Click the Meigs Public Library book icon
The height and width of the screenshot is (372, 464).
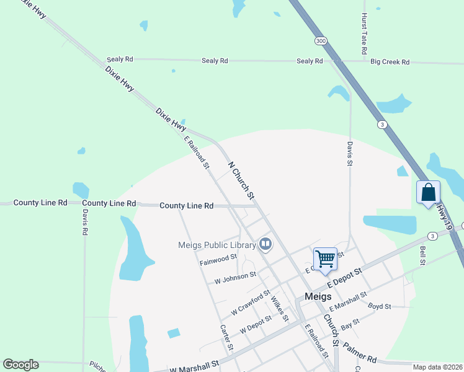265,244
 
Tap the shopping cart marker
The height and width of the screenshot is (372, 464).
325,258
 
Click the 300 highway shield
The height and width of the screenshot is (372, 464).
320,40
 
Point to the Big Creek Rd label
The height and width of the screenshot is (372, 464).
390,62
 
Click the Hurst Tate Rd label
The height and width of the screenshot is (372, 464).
365,32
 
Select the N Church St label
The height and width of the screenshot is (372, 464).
242,181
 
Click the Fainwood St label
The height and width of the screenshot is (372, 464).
218,260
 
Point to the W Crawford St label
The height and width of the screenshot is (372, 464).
251,302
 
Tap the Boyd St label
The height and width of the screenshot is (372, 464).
379,306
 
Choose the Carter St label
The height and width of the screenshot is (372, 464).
226,338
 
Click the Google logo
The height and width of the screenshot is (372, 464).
20,365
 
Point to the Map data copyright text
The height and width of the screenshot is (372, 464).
437,367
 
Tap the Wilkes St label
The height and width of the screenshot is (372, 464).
279,308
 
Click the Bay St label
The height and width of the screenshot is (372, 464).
350,324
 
